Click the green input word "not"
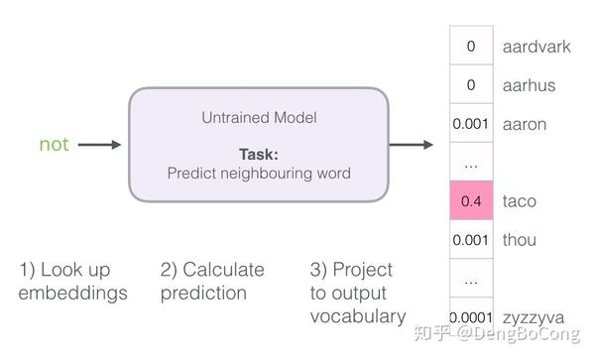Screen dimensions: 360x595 coord(54,145)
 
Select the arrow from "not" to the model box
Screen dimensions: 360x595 coord(99,145)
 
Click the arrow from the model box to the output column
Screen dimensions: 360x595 coord(411,145)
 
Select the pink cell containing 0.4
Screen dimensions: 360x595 coord(470,201)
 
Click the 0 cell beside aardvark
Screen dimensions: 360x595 coord(470,47)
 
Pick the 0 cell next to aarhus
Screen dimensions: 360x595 coord(470,85)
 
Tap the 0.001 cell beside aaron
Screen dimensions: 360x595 coord(470,124)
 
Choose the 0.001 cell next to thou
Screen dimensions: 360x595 coord(470,240)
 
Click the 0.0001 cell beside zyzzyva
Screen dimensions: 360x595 coord(471,317)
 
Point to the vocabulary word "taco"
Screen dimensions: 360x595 coord(520,201)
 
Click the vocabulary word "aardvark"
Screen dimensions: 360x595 coord(536,47)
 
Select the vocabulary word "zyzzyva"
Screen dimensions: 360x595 coord(534,317)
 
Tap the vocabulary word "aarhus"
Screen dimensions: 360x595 coord(529,85)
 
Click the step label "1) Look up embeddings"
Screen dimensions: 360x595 coord(72,282)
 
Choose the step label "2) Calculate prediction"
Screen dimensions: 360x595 coord(212,282)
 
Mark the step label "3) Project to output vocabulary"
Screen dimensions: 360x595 coord(358,294)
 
